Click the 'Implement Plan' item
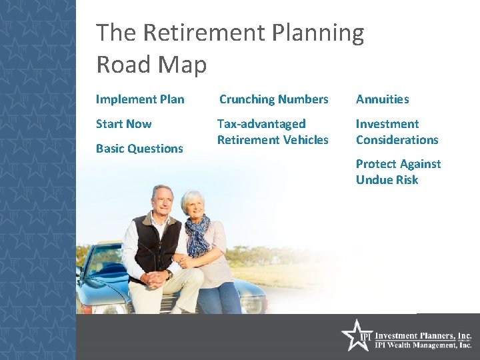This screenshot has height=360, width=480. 140,99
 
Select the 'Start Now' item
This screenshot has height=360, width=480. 123,124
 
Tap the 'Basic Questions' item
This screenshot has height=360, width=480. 139,149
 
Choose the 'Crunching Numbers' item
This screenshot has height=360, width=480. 273,99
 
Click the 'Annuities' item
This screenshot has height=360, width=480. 382,99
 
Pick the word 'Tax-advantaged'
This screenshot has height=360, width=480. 261,124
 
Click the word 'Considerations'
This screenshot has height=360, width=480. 397,140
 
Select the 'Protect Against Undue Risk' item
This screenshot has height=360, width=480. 398,172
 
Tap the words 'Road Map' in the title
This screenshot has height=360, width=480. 151,65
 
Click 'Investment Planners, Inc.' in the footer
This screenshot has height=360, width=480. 423,336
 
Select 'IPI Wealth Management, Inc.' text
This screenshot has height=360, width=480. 423,346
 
